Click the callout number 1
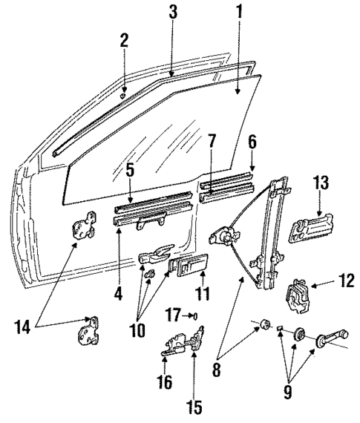point(240,13)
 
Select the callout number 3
point(172,13)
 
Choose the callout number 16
point(164,382)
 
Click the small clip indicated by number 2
point(124,95)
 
